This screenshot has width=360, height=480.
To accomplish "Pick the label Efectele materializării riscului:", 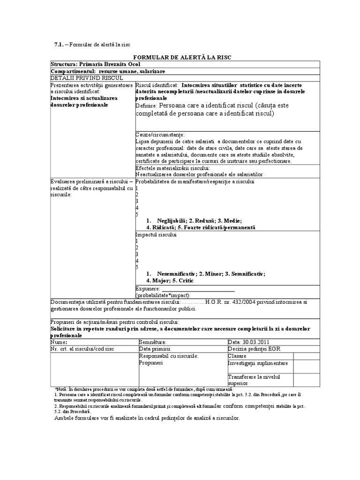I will click(172, 168).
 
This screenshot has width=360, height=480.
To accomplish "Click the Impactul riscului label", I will click(156, 234).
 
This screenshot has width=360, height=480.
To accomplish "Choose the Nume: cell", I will click(58, 343).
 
